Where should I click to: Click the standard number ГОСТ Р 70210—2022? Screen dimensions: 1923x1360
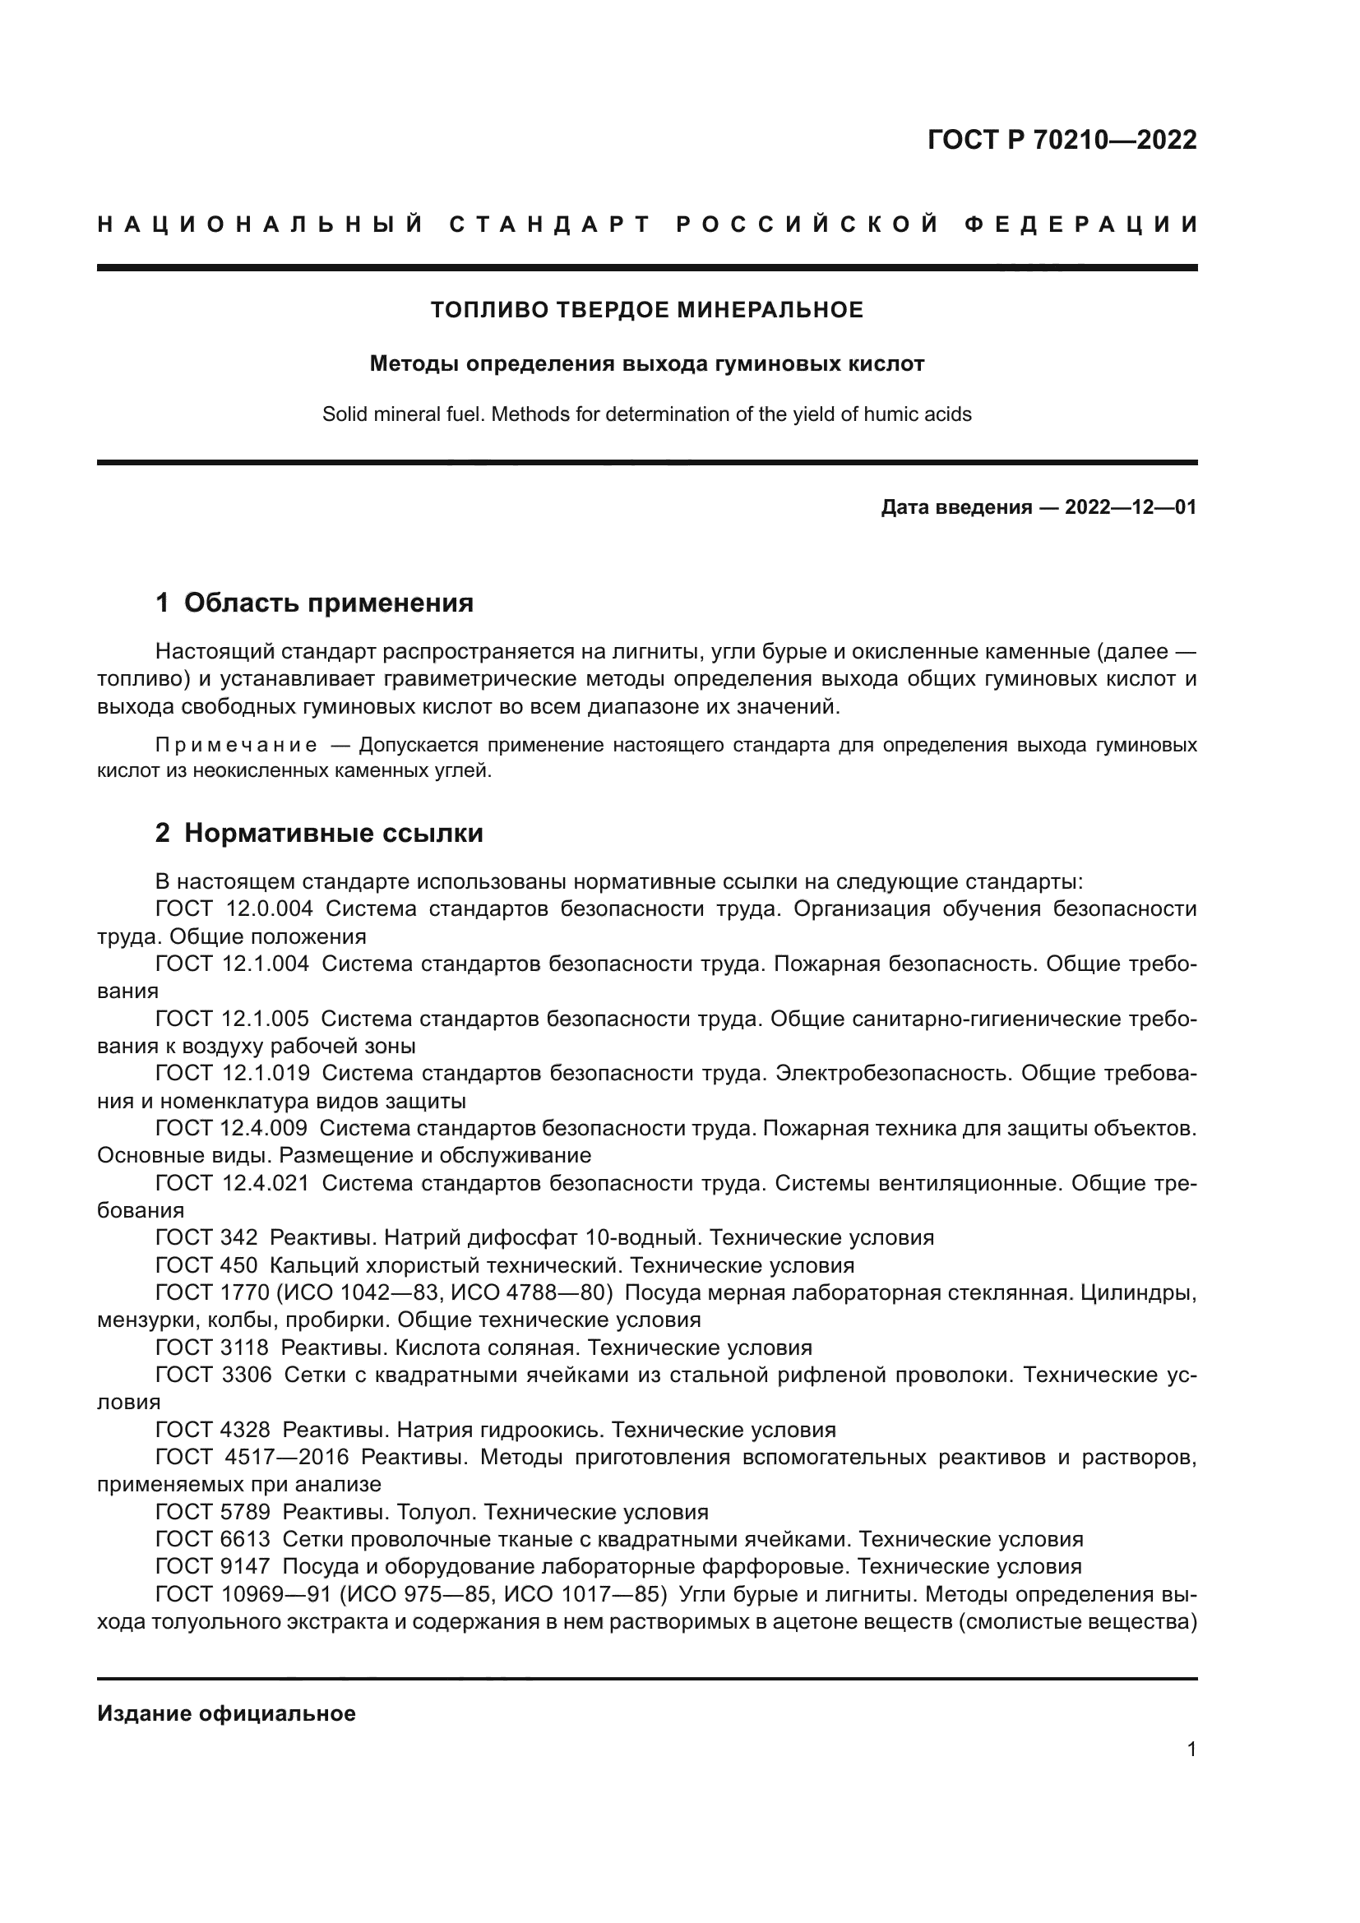tap(1062, 140)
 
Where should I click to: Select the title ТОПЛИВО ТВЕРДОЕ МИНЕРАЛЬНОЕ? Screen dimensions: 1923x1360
tap(646, 310)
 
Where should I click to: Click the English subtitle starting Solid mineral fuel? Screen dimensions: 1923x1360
tap(646, 414)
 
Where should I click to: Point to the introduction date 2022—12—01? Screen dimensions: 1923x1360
tap(1131, 507)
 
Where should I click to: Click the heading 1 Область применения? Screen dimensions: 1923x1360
tap(315, 603)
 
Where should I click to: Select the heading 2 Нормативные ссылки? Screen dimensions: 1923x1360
tap(319, 834)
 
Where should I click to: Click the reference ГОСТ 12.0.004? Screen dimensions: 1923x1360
tap(234, 908)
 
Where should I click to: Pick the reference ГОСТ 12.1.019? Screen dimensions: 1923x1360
tap(233, 1073)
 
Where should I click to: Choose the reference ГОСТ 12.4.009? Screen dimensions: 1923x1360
tap(232, 1128)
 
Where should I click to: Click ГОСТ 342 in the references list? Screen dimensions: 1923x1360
tap(207, 1237)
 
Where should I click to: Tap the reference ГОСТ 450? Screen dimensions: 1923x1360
tap(207, 1264)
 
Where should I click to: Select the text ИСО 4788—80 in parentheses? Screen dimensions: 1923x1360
tap(527, 1292)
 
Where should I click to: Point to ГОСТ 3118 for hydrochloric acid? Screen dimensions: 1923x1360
tap(212, 1347)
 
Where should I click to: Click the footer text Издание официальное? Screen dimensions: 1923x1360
tap(226, 1713)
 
